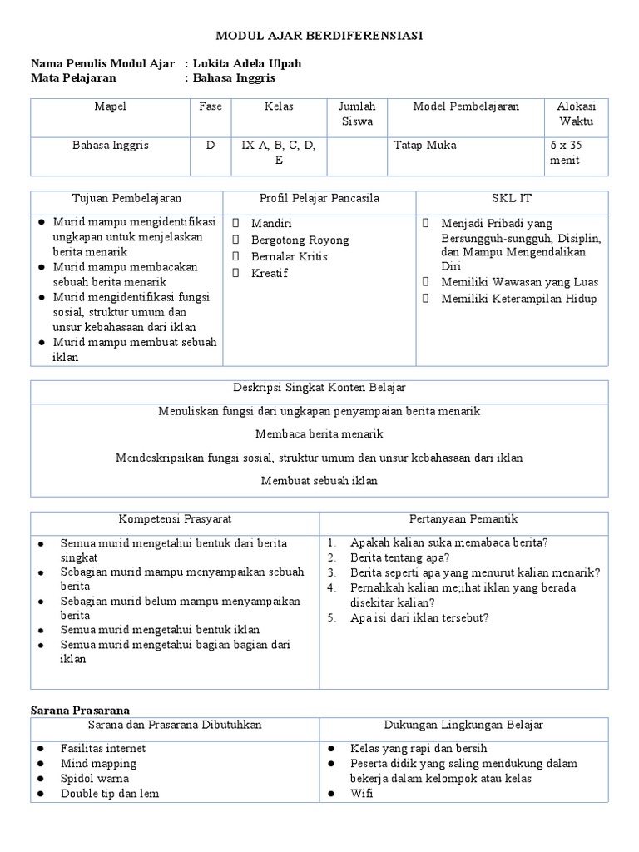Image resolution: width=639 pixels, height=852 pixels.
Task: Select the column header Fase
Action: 211,106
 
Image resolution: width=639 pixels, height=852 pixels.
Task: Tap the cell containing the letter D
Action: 211,145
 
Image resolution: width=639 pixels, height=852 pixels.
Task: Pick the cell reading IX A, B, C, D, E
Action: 279,152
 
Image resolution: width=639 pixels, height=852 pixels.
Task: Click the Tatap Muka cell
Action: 424,145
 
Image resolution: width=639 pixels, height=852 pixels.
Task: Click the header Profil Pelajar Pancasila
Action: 319,199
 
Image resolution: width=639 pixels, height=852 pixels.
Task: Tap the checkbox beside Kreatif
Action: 236,274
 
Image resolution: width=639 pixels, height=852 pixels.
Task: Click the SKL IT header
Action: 512,199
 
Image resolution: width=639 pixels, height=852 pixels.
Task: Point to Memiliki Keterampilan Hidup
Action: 518,299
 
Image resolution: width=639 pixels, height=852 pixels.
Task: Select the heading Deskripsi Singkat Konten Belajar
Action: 319,389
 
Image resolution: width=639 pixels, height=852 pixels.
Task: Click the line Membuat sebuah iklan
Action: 319,480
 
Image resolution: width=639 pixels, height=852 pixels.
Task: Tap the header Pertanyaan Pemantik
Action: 463,519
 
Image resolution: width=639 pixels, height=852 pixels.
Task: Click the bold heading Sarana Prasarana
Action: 81,710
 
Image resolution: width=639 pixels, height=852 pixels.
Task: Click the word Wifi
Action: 362,793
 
